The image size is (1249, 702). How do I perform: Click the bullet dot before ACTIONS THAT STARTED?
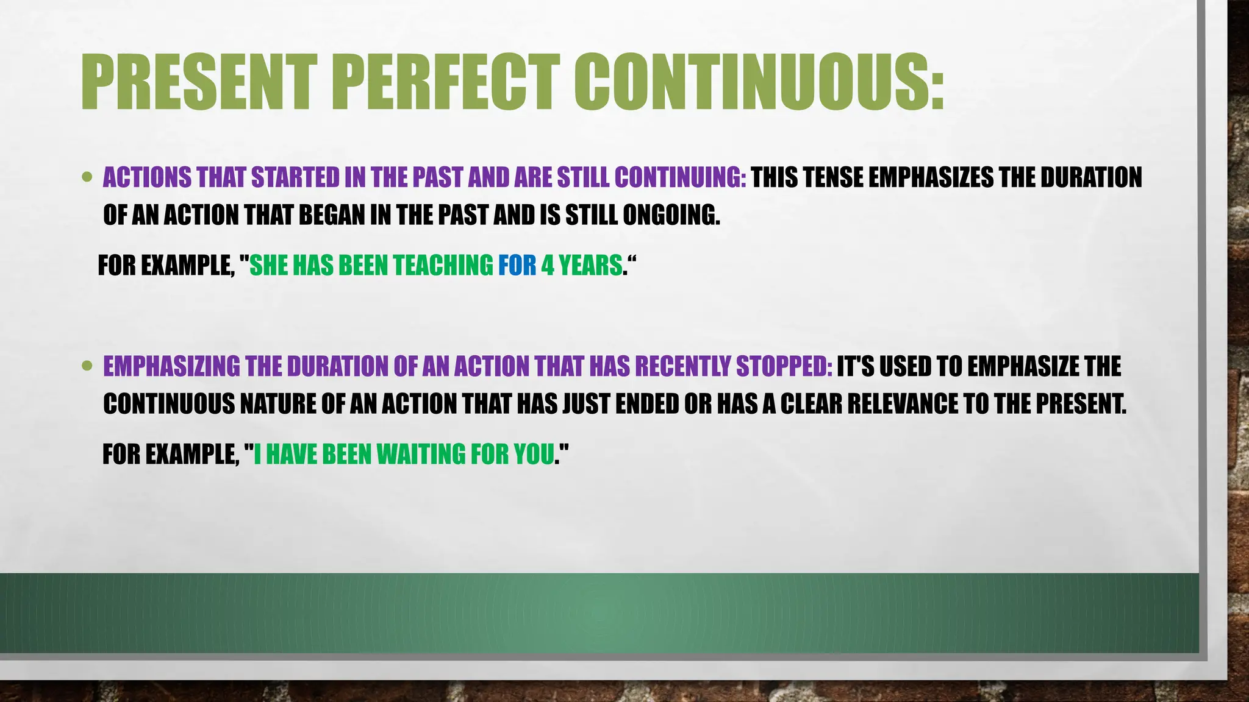[x=87, y=177]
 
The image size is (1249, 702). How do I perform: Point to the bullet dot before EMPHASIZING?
[x=87, y=366]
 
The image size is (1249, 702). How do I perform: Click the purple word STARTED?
[x=295, y=177]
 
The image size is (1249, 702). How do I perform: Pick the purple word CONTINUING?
[x=679, y=177]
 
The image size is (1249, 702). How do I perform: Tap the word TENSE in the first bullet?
[x=833, y=177]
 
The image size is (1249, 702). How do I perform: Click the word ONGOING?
[x=671, y=215]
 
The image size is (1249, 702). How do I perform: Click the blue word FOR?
[x=517, y=266]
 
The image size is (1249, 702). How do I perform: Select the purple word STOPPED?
[x=784, y=366]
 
